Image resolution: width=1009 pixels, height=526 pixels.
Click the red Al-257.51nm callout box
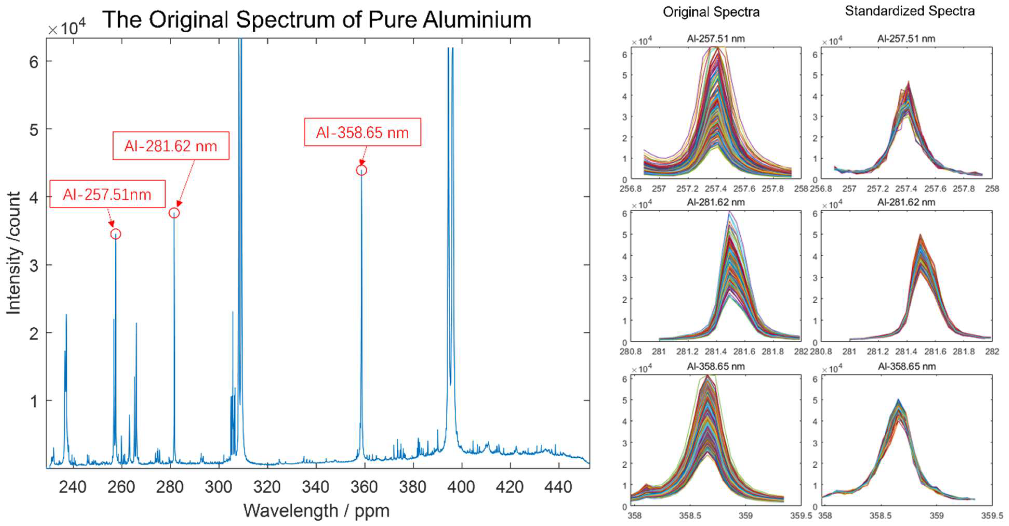click(107, 194)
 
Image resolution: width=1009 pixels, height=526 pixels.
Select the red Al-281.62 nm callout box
click(170, 146)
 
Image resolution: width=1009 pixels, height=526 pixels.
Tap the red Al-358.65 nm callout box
click(362, 132)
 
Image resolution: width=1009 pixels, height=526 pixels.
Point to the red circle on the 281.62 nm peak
click(174, 213)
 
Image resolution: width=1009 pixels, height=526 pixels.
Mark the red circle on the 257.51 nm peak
click(115, 234)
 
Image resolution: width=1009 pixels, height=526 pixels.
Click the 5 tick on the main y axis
click(34, 130)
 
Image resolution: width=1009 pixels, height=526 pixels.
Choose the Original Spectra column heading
click(711, 12)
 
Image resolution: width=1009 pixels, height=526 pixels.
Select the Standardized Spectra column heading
click(910, 11)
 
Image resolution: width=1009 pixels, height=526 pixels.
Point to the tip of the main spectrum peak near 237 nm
click(66, 315)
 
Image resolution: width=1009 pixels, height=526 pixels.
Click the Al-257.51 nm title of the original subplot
click(716, 38)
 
